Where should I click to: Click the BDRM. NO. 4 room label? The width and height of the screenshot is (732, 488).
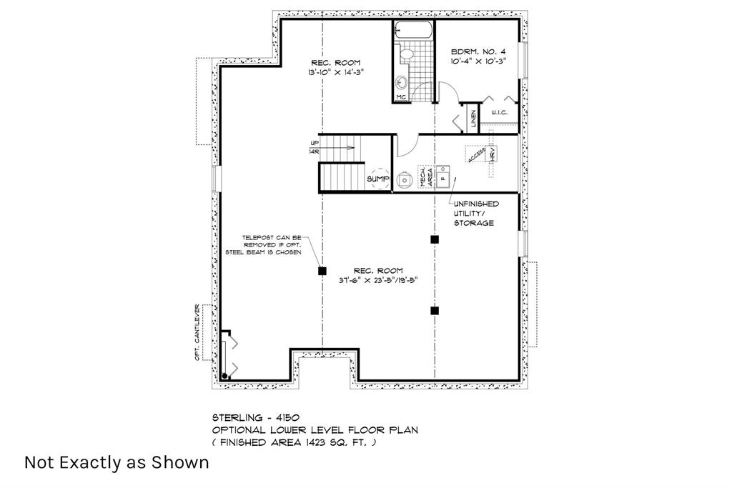[x=478, y=51]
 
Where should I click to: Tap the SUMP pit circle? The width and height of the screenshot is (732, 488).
[x=380, y=179]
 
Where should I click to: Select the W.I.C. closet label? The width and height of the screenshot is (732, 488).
[x=499, y=113]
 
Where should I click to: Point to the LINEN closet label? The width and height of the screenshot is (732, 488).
[x=473, y=119]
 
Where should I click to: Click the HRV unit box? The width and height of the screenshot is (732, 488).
[x=492, y=154]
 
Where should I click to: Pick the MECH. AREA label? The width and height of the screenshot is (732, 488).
[x=426, y=177]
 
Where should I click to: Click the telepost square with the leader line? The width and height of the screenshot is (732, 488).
[x=322, y=271]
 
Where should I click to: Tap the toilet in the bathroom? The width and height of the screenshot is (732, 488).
[x=405, y=54]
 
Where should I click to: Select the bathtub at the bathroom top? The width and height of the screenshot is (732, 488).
[x=413, y=31]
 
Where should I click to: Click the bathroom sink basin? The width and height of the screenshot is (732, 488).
[x=401, y=84]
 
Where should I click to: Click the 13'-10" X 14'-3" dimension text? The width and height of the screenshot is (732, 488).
[x=335, y=72]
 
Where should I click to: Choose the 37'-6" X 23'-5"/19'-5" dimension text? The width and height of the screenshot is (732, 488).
[x=378, y=280]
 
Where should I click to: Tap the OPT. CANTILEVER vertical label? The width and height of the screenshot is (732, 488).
[x=197, y=333]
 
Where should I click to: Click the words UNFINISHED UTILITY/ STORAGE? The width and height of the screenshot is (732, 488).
[x=475, y=213]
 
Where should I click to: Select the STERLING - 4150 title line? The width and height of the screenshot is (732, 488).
[x=256, y=417]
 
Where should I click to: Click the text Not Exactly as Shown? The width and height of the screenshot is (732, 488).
[x=117, y=462]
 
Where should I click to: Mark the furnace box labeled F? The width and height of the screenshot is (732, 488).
[x=443, y=176]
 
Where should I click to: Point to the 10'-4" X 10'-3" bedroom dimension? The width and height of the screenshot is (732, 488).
[x=478, y=61]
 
